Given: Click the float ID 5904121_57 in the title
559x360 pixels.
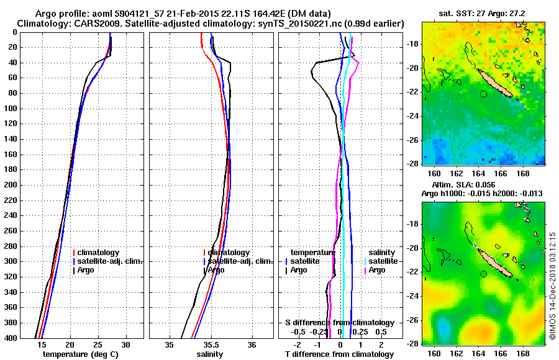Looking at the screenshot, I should [135, 14].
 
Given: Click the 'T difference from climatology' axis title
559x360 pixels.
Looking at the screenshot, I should [339, 354].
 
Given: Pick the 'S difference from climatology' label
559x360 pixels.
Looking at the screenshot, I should [339, 323].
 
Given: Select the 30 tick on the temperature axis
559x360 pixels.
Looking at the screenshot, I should [125, 344].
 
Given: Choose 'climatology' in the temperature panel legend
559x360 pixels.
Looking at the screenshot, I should [99, 253].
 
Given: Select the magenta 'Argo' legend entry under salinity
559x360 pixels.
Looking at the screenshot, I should [377, 270].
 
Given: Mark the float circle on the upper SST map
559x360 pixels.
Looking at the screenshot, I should [483, 94].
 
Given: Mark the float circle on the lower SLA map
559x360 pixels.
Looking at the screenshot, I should [483, 274].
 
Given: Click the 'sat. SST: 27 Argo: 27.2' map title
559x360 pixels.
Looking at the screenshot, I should [483, 14].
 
